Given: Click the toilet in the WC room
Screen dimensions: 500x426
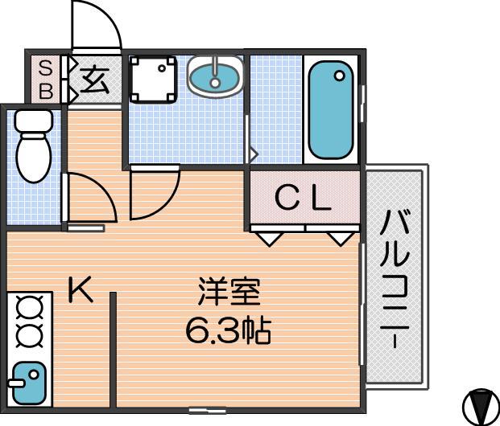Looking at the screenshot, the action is coord(34,147).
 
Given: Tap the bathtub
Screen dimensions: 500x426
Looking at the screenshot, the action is coord(331,109).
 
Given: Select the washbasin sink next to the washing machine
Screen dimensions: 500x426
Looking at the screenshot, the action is coord(216,77).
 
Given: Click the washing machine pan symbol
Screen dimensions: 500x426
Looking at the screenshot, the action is coord(153,80).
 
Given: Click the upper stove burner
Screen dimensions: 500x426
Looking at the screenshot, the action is coord(30,307).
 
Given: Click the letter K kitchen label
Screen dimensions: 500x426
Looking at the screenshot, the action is coord(80,289).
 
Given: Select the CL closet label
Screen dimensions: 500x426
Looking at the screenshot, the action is coord(303,198).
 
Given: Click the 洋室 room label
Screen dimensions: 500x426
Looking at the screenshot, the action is coord(229,292).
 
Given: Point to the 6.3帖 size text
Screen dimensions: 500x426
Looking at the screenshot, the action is coord(229,331).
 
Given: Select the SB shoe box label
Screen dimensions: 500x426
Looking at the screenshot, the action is coord(46,80).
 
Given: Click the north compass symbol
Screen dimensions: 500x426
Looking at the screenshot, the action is coord(481,406).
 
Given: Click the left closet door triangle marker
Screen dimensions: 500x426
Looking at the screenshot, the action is coord(270,239).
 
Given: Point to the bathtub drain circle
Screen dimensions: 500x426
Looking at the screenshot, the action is coord(340,76).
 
